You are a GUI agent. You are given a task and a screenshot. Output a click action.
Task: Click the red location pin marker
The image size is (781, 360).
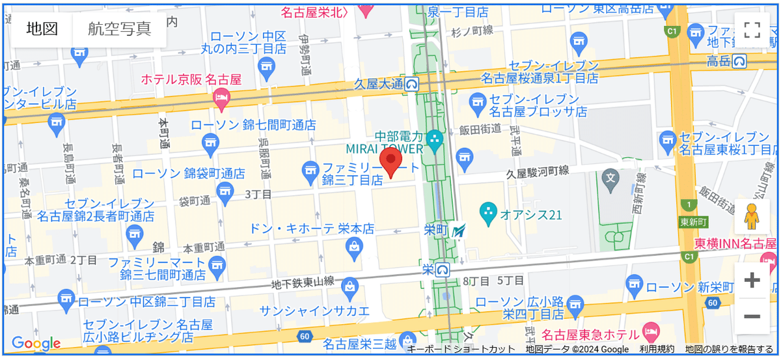click(390, 163)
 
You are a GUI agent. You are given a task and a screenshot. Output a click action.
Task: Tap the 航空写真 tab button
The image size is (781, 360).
click(119, 29)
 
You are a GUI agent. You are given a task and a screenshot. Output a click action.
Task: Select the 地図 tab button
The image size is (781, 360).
click(42, 29)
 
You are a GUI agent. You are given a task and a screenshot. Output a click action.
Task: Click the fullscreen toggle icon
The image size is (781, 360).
click(752, 29)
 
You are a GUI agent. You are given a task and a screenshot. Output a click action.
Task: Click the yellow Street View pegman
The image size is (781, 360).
click(752, 217)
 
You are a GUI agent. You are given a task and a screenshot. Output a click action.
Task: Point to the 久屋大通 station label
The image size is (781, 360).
click(379, 83)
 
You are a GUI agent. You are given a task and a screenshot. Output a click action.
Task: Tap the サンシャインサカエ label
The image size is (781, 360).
click(314, 311)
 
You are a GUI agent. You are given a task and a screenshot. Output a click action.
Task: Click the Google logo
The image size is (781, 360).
click(36, 344)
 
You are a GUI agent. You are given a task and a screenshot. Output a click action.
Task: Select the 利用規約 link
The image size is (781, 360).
click(656, 350)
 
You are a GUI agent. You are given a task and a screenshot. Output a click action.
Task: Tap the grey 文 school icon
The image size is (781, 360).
click(610, 176)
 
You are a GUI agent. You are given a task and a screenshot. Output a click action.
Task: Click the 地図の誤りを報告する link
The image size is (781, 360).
click(728, 350)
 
